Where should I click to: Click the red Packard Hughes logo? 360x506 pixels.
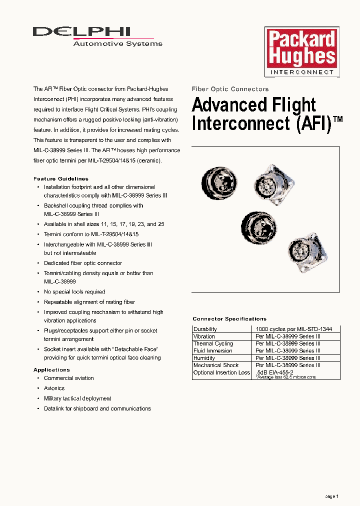click(x=301, y=48)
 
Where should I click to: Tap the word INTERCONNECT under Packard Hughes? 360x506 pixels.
click(x=301, y=72)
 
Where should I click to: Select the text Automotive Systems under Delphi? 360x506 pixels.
click(x=117, y=44)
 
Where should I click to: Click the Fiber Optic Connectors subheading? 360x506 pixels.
click(x=230, y=89)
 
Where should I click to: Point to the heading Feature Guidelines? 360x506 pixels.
click(x=61, y=178)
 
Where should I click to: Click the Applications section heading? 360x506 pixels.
click(x=51, y=370)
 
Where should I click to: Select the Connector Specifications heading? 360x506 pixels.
click(x=229, y=319)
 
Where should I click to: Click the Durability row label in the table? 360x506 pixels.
click(x=205, y=329)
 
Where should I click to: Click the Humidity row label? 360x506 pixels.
click(x=204, y=358)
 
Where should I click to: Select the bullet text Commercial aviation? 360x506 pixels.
click(x=69, y=378)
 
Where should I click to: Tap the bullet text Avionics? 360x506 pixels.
click(x=54, y=388)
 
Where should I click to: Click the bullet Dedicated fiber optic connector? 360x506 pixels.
click(x=83, y=263)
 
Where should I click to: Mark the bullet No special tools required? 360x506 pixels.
click(x=74, y=292)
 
